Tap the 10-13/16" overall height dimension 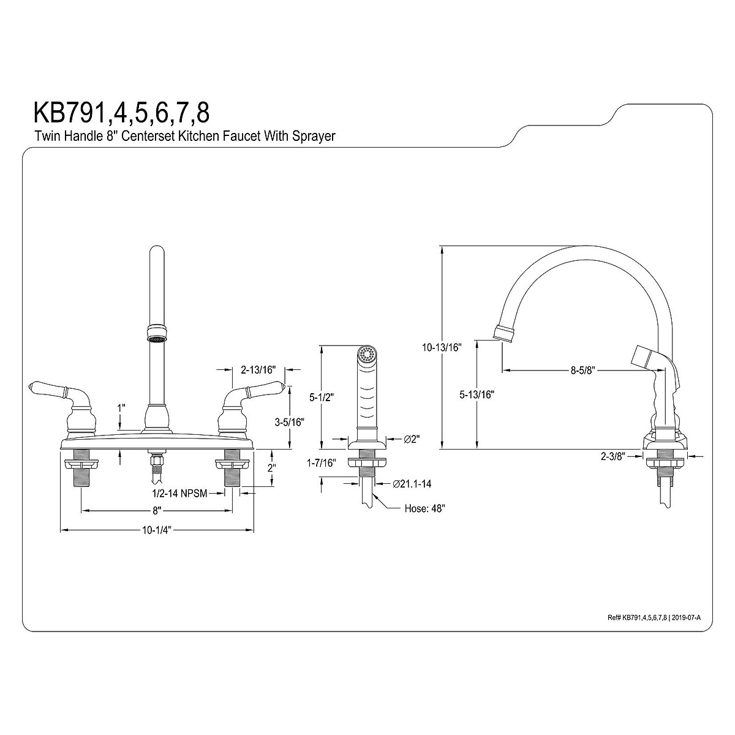tap(442, 347)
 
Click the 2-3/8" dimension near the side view tap(612, 456)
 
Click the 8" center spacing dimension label tap(157, 510)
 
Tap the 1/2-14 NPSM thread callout tap(183, 491)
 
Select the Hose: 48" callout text tap(424, 508)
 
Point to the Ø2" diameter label tap(410, 439)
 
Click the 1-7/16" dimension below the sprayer tap(322, 464)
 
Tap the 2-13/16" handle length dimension tap(258, 369)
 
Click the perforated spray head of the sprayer tap(366, 353)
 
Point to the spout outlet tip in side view tap(503, 334)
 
